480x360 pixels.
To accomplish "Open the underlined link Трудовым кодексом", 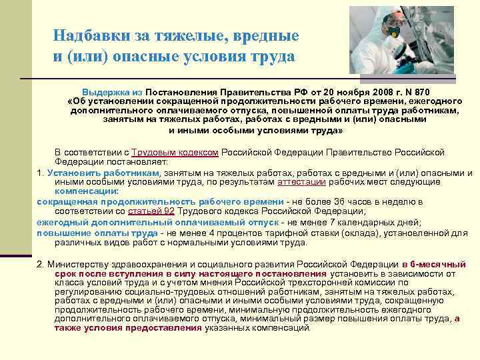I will pos(175,152).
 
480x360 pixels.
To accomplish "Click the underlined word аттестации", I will pos(301,181).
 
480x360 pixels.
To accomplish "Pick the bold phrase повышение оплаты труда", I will pos(97,232).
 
